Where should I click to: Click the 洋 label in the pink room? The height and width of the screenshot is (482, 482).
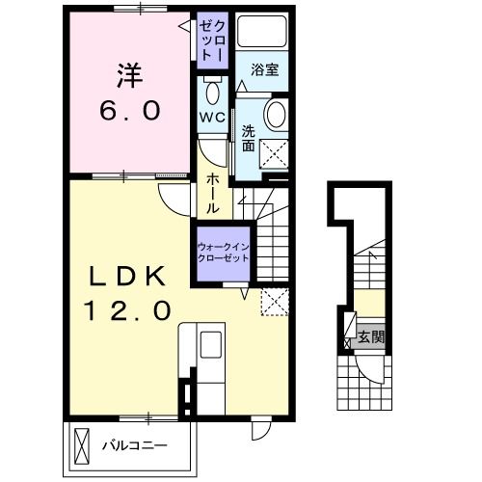(x=130, y=76)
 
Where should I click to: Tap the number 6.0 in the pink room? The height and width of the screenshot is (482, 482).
(x=130, y=110)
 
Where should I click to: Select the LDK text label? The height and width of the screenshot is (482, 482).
(x=127, y=276)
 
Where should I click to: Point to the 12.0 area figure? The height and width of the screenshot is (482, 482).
(x=127, y=310)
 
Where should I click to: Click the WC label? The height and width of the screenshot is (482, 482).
(x=212, y=118)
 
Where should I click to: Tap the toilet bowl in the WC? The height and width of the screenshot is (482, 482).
(x=212, y=93)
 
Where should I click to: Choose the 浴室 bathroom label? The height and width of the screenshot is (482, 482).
(x=265, y=69)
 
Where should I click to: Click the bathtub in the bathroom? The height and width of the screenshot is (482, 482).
(x=262, y=31)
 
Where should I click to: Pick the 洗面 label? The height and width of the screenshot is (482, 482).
(x=249, y=139)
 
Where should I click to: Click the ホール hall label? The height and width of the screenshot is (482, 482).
(x=212, y=194)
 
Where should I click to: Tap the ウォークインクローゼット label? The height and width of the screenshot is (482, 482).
(x=224, y=253)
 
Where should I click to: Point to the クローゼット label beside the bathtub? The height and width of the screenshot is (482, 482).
(x=212, y=40)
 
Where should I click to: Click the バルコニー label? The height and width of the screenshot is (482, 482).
(x=135, y=445)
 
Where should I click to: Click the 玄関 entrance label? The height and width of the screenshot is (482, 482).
(x=371, y=336)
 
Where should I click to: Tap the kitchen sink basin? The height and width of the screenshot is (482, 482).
(x=211, y=344)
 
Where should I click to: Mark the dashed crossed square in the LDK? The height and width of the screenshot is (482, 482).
(x=275, y=302)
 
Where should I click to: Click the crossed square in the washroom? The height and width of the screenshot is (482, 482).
(x=274, y=153)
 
